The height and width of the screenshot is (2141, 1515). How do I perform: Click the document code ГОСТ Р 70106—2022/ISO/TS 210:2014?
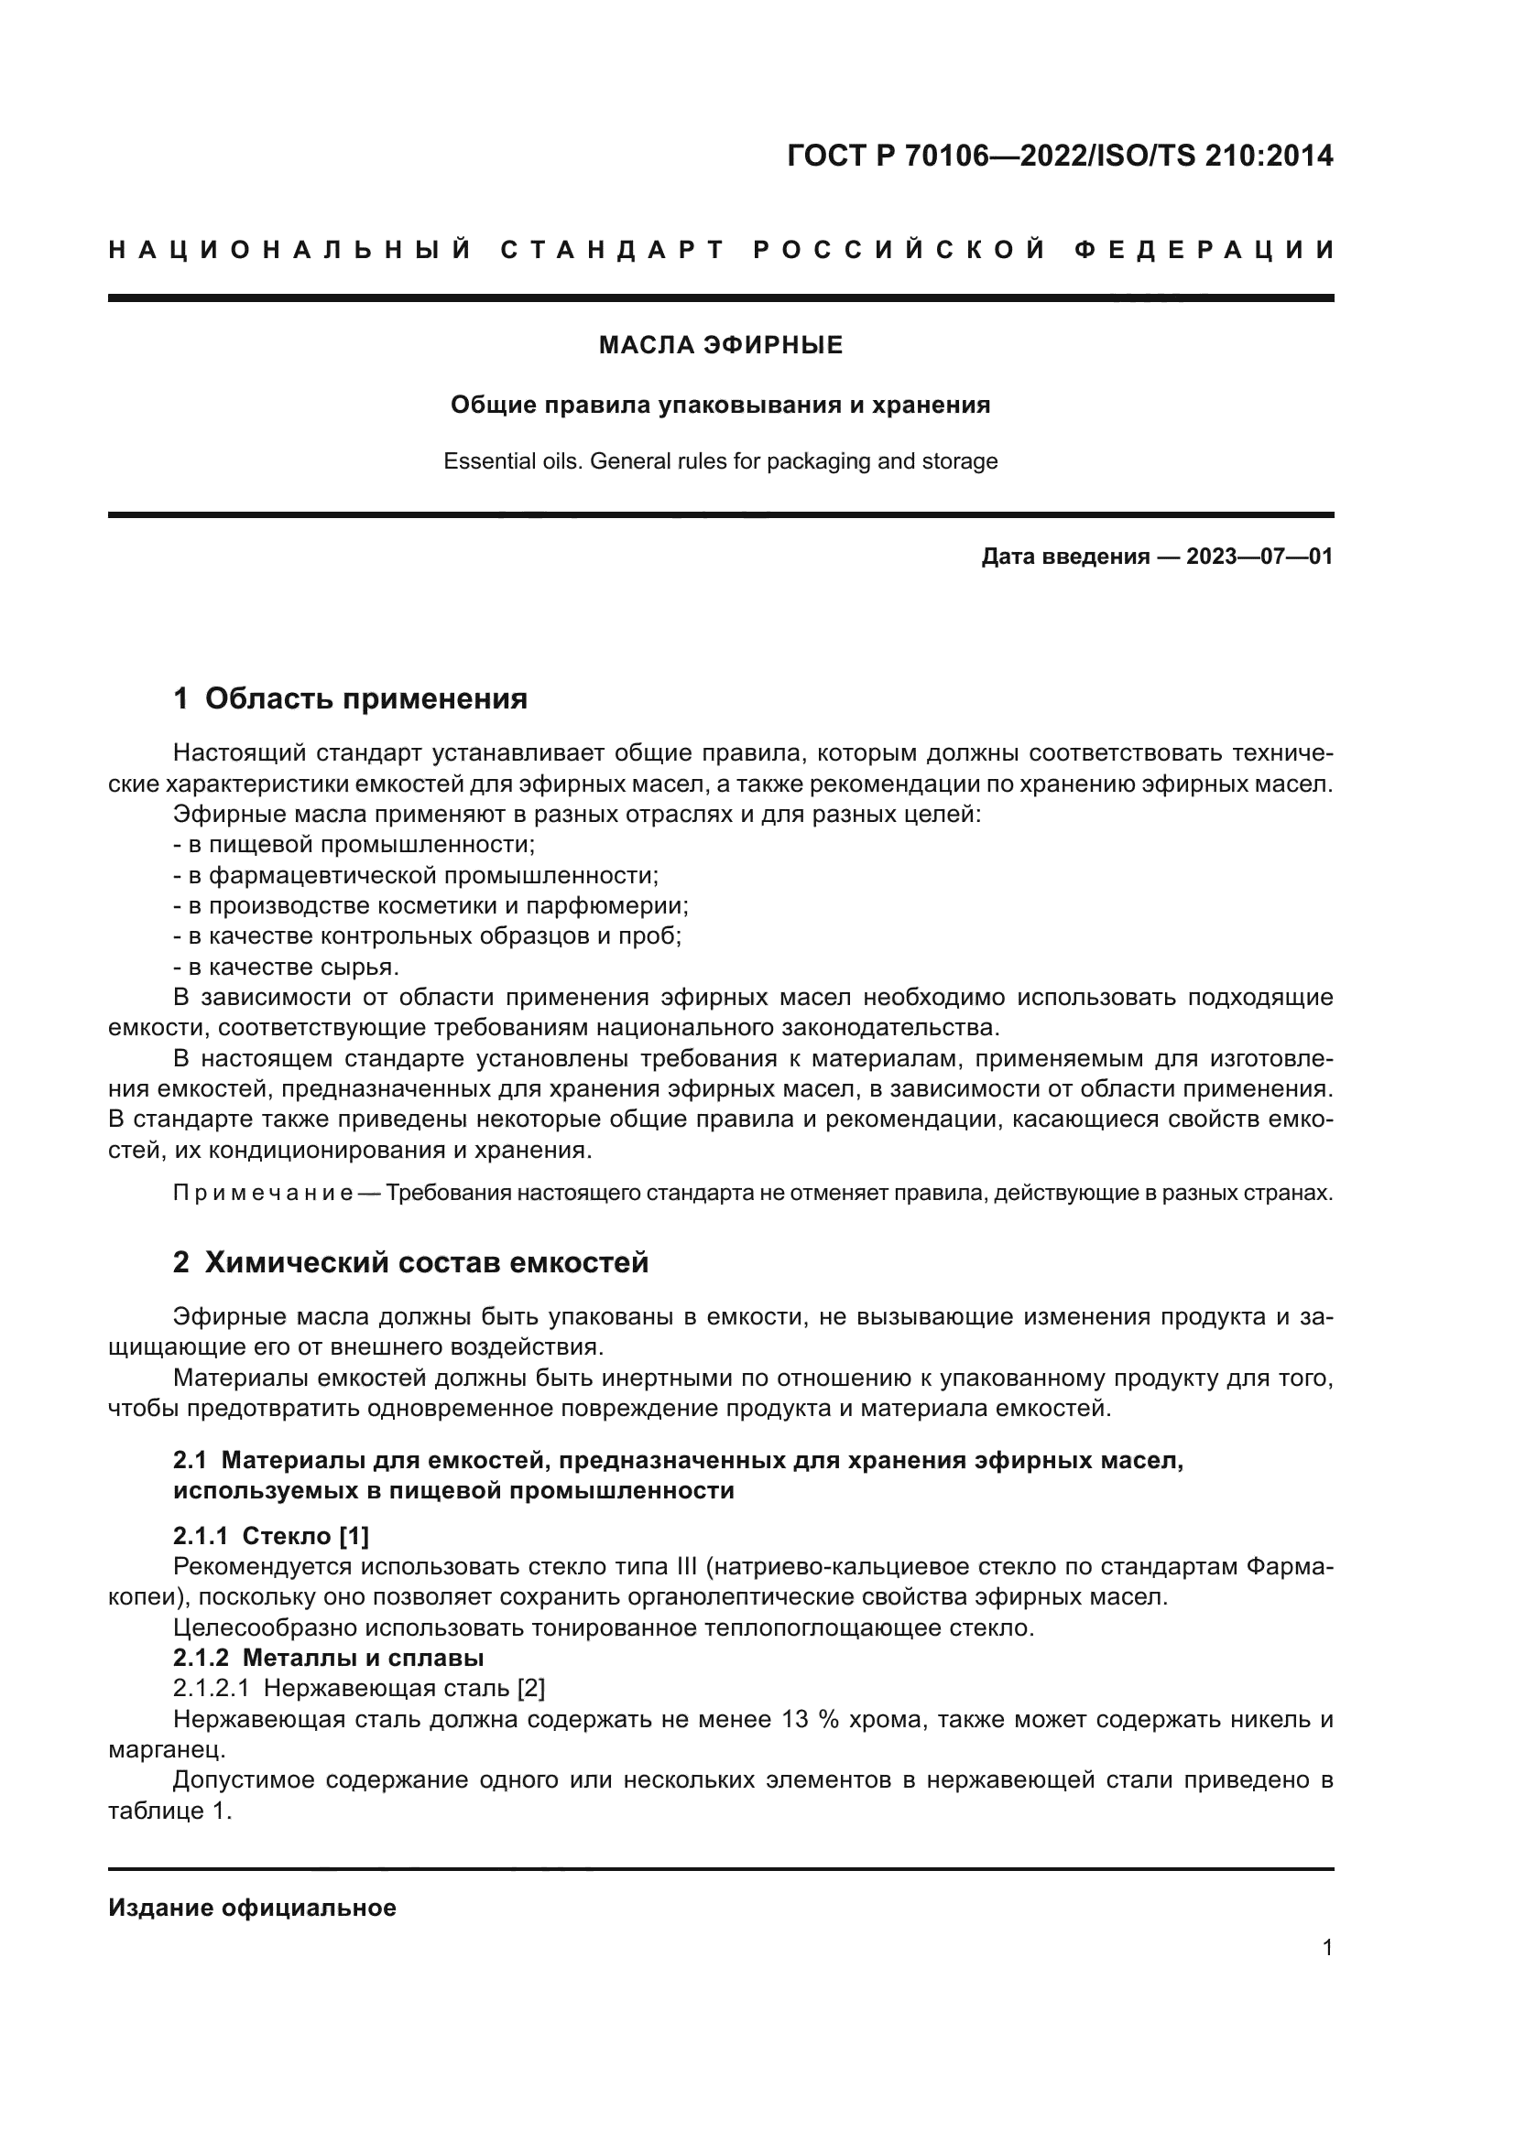(1060, 156)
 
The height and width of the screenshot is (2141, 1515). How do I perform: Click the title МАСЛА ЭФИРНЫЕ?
(720, 345)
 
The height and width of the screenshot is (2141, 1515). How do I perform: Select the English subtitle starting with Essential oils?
(720, 460)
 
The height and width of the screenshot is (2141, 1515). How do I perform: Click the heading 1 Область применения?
(350, 697)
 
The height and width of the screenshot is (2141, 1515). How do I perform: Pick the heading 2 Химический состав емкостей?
(410, 1261)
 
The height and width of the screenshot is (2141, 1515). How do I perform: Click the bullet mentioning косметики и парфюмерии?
(431, 905)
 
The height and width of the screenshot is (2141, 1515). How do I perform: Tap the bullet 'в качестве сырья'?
(287, 966)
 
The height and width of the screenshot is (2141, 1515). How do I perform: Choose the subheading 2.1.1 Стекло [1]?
(270, 1535)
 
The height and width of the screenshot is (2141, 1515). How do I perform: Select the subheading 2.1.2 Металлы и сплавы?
(329, 1657)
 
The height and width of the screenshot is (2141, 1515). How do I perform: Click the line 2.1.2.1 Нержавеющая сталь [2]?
(359, 1688)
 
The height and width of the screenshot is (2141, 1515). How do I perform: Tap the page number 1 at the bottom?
(1326, 1947)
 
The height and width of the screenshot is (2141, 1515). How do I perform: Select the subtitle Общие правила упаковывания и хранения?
(720, 405)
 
